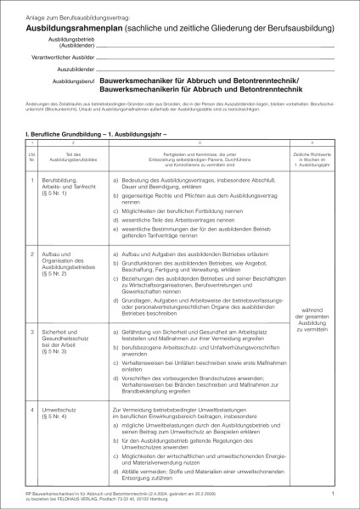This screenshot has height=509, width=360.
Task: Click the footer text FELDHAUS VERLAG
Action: pos(95,498)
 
